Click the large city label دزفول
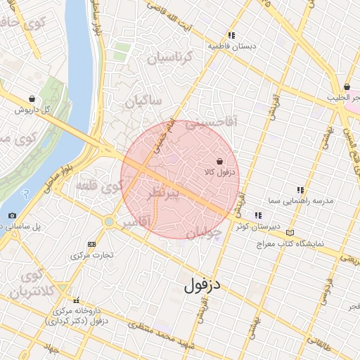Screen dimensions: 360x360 (x=202, y=286)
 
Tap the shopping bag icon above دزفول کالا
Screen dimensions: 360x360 (x=220, y=161)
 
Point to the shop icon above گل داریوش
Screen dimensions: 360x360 (x=32, y=99)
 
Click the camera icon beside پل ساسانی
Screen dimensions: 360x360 (x=12, y=215)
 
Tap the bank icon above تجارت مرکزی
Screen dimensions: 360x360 (x=91, y=244)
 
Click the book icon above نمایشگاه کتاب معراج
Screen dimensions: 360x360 (x=290, y=233)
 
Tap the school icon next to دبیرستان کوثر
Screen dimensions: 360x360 (x=259, y=215)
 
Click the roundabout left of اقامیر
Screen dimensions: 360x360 (x=108, y=221)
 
